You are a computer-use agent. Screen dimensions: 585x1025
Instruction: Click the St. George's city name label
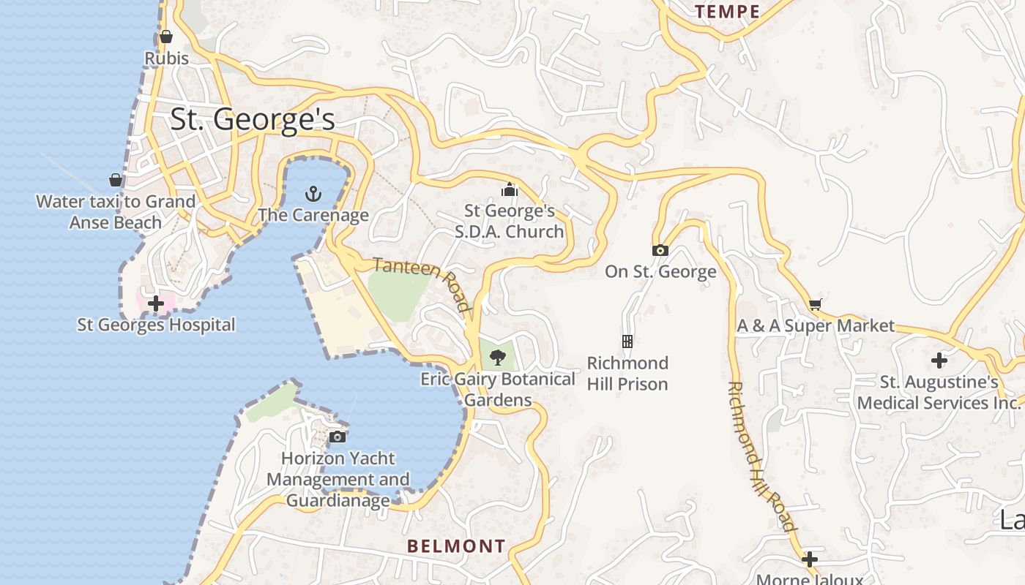coord(253,119)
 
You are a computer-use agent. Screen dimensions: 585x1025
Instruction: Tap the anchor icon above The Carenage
coord(313,194)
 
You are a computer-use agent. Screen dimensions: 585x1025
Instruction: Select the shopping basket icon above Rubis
coord(166,37)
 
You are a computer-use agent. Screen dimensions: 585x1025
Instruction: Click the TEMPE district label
coord(727,12)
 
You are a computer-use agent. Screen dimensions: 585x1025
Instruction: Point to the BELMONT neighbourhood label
coord(456,546)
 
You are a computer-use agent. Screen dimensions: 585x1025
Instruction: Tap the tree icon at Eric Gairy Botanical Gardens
coord(498,358)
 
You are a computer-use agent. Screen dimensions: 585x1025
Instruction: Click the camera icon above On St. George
coord(660,250)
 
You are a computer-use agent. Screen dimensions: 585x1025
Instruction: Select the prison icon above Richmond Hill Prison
coord(627,341)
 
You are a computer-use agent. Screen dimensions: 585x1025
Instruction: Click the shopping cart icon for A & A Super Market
coord(815,304)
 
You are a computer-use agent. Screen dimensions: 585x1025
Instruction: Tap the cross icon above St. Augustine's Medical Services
coord(939,361)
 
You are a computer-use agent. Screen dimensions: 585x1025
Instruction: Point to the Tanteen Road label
coord(422,284)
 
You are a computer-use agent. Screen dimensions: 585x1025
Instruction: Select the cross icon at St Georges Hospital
coord(156,303)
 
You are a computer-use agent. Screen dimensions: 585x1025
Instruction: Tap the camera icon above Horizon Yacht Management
coord(338,437)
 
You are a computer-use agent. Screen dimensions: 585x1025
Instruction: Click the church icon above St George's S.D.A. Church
coord(510,190)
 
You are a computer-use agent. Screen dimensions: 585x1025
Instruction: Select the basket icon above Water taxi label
coord(116,180)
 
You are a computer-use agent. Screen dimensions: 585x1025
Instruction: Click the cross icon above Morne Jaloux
coord(809,559)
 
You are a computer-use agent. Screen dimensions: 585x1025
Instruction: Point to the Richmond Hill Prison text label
coord(627,374)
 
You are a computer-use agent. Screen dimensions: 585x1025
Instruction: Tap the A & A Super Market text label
coord(816,326)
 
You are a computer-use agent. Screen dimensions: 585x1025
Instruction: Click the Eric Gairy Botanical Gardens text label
coord(498,390)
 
